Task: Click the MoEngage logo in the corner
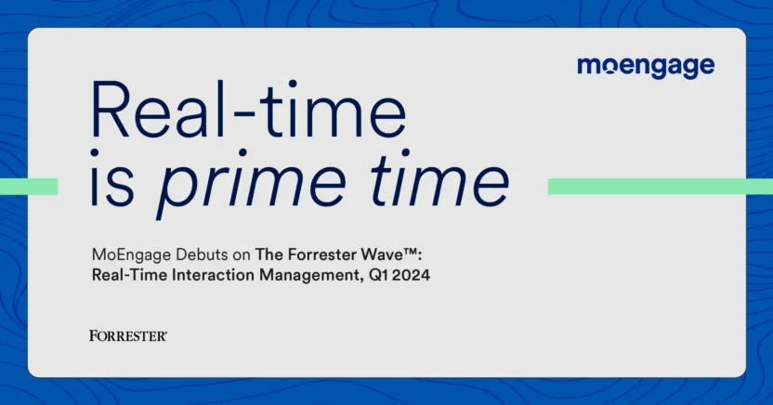[645, 66]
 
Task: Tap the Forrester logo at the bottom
[128, 335]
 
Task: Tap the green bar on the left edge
[29, 187]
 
